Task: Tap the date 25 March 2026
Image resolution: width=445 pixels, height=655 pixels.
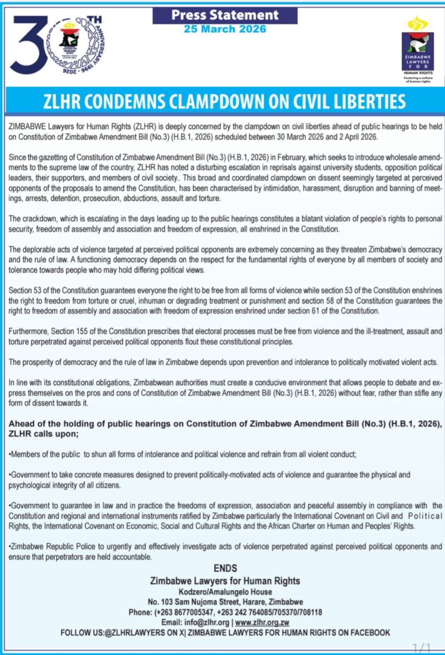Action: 225,29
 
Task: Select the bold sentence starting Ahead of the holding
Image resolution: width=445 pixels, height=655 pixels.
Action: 226,428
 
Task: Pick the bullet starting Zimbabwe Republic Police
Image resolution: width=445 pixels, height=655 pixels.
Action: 226,552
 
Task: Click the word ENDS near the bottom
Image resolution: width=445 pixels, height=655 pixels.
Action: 225,568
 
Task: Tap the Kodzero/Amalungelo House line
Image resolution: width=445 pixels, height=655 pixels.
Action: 225,591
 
